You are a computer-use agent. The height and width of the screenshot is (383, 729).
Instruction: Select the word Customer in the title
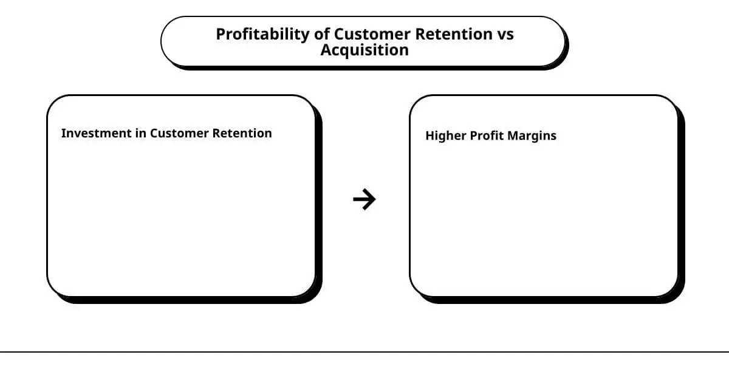tap(372, 34)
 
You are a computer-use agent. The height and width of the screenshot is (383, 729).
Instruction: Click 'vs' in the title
tap(505, 35)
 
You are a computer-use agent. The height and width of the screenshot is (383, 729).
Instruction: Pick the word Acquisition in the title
tap(364, 50)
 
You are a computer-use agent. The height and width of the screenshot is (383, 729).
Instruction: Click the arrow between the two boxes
tap(364, 199)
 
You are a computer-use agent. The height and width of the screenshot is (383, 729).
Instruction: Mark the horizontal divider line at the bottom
tap(364, 351)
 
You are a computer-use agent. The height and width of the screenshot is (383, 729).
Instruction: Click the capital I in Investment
tap(63, 133)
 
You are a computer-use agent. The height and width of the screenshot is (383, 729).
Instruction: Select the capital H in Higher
tap(430, 136)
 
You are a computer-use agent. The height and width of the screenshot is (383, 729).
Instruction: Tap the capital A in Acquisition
tap(326, 50)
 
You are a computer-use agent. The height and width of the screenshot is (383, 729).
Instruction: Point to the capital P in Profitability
tap(221, 34)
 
